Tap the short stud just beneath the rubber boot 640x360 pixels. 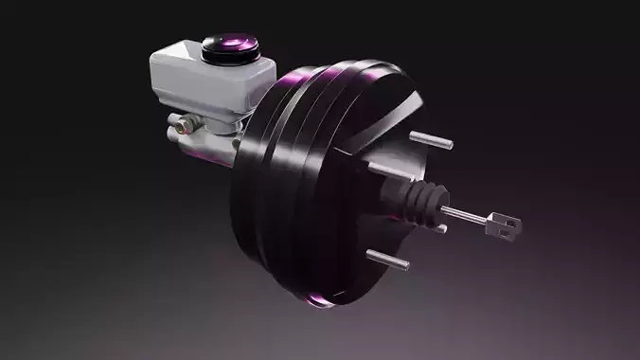pyautogui.click(x=439, y=227)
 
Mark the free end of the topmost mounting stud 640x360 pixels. pyautogui.click(x=450, y=145)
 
